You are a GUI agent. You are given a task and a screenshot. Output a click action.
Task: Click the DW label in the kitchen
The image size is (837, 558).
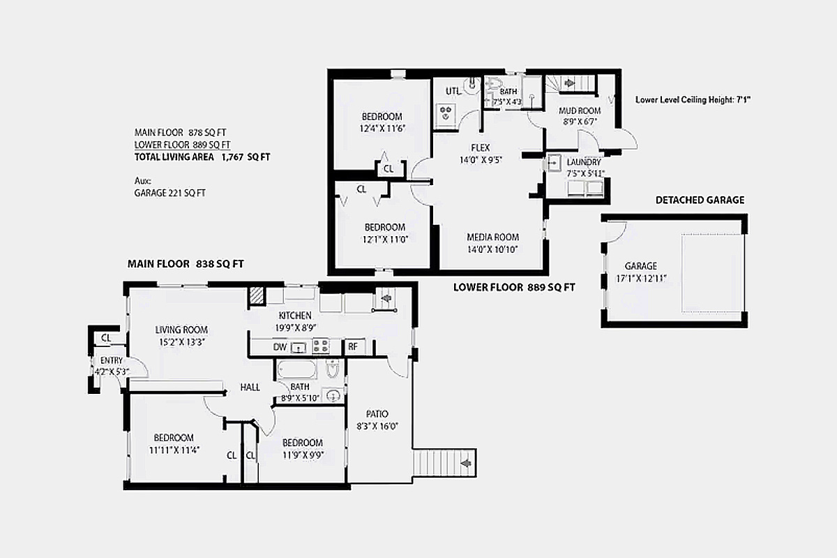pos(280,347)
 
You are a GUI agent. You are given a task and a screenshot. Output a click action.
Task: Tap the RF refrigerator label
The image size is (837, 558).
pos(353,346)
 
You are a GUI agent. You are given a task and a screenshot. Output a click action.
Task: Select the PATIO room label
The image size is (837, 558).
pos(377,414)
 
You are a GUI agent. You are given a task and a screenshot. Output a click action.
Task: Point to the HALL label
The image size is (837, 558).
pos(250,387)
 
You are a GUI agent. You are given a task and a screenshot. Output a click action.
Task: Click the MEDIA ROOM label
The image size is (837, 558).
pos(493,237)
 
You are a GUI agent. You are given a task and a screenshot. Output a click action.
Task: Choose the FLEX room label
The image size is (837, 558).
pos(481,147)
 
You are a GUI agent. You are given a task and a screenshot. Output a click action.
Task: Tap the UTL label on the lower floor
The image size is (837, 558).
pos(453,91)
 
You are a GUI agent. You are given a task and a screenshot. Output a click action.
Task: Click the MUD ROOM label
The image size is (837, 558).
pos(580,111)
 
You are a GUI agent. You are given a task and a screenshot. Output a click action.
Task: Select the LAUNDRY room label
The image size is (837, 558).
pos(584,162)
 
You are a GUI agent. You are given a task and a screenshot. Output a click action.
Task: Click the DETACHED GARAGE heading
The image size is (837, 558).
pos(700,200)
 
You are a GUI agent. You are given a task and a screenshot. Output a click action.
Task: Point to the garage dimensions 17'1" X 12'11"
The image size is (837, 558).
pos(641,279)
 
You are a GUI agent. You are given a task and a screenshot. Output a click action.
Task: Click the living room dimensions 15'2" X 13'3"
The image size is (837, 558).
pos(181,342)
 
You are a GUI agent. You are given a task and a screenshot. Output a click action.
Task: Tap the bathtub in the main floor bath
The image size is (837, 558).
pos(296,369)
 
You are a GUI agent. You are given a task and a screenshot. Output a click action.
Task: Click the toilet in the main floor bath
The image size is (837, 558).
pos(332,368)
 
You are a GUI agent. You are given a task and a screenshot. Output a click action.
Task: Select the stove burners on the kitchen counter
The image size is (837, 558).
pos(321,346)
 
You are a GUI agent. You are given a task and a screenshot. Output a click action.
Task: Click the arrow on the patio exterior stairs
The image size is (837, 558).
pos(466,463)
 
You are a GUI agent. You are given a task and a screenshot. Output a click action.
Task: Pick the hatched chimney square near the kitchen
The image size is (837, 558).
pos(257,296)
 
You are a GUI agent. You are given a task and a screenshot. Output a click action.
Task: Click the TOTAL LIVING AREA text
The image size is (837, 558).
pos(174,157)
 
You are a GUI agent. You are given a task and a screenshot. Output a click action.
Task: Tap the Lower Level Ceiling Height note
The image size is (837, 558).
pos(693,100)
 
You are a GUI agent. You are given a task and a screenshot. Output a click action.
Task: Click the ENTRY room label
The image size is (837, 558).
pos(112,360)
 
